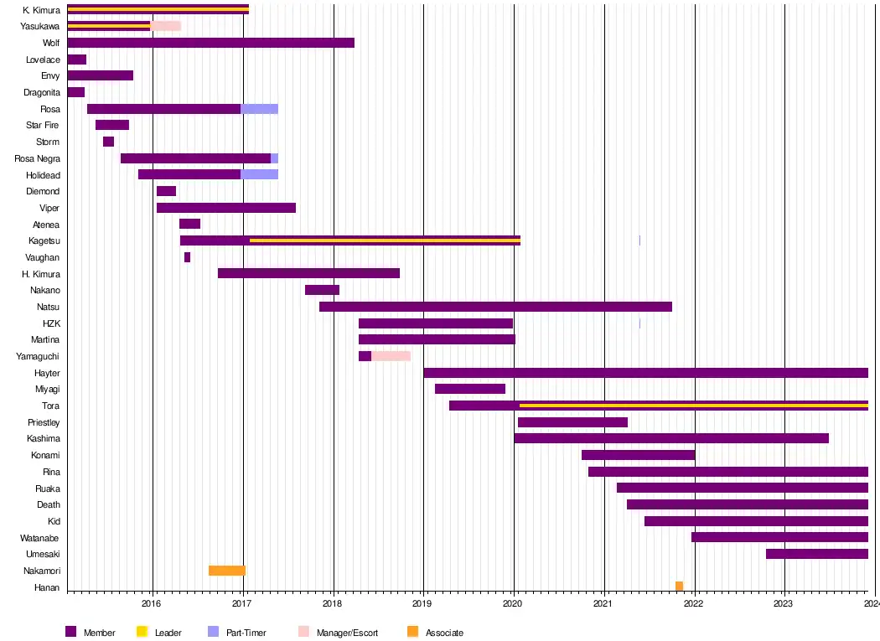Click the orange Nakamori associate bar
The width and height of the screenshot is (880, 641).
click(x=226, y=571)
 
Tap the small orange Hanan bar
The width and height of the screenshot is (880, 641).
click(x=679, y=587)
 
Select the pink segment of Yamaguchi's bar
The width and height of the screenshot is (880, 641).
click(x=391, y=356)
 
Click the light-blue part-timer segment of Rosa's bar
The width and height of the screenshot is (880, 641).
click(x=259, y=109)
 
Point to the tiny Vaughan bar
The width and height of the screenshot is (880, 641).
click(x=187, y=257)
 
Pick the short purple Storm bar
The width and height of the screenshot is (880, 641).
click(x=108, y=142)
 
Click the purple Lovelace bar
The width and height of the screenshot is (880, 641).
click(x=76, y=59)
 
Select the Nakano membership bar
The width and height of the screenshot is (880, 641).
click(x=322, y=290)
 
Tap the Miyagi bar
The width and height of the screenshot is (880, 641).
click(x=469, y=389)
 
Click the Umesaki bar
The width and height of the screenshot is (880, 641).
click(x=816, y=554)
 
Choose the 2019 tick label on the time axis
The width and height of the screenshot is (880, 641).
click(x=422, y=602)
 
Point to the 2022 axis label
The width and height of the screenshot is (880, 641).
click(x=694, y=602)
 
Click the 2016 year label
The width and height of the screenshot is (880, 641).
click(x=152, y=602)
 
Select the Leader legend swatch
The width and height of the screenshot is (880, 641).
click(x=142, y=632)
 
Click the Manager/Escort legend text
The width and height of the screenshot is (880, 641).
click(x=347, y=633)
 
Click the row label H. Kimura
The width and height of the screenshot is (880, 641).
click(x=41, y=274)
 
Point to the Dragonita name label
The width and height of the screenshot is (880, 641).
click(x=42, y=92)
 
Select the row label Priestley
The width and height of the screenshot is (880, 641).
click(x=44, y=422)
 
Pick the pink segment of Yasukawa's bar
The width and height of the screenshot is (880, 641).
click(x=165, y=26)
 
